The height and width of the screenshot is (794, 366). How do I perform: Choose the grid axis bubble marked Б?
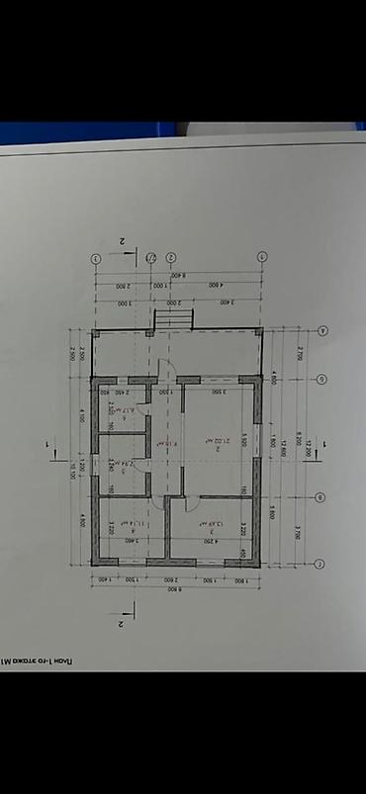point(321,379)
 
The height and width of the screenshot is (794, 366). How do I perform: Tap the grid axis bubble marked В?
point(321,496)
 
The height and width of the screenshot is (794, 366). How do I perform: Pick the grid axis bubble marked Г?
point(321,564)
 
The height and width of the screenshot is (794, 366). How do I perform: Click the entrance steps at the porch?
point(170,319)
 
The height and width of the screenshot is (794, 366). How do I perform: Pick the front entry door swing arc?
point(168,368)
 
